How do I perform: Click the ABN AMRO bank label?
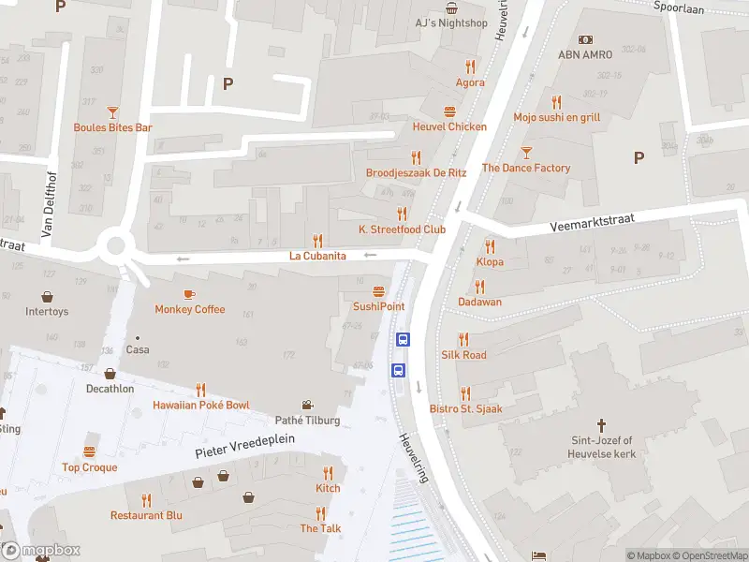[x=584, y=54]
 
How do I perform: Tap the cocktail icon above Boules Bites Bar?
[x=112, y=111]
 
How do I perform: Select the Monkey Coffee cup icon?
[x=189, y=294]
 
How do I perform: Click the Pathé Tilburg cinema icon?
[x=307, y=405]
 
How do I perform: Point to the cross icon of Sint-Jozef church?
[x=602, y=424]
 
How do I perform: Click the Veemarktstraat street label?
[x=592, y=223]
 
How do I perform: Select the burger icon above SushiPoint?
[x=378, y=291]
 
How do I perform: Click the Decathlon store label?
[x=110, y=389]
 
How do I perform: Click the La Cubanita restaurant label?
[x=317, y=256]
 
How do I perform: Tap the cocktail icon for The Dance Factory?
[x=525, y=153]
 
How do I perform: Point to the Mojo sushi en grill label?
[x=556, y=117]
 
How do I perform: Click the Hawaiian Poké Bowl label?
[x=201, y=405]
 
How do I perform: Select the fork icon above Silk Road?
[x=463, y=340]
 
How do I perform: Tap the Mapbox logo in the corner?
[x=41, y=551]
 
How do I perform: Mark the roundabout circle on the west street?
[x=116, y=247]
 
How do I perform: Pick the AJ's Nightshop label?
[x=452, y=22]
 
